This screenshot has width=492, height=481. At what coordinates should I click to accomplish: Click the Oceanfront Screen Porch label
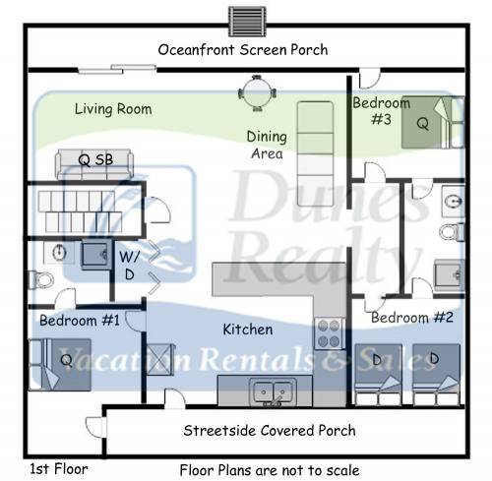[243, 50]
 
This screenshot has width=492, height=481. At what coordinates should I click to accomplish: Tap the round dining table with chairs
[257, 93]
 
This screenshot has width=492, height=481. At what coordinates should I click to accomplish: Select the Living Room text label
[113, 109]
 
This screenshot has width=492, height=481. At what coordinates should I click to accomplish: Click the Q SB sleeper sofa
[94, 164]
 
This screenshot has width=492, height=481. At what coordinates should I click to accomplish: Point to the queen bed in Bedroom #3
[433, 122]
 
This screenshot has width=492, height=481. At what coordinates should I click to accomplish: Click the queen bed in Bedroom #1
[60, 365]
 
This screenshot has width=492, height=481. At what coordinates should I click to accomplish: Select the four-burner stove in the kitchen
[329, 333]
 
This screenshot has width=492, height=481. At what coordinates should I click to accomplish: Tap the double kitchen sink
[273, 391]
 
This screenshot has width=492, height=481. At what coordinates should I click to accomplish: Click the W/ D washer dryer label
[129, 266]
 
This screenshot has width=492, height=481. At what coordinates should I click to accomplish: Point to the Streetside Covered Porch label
[270, 430]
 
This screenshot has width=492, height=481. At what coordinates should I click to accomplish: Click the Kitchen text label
[248, 330]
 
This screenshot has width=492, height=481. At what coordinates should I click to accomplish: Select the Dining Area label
[267, 145]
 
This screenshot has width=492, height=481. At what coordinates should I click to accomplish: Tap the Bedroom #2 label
[412, 318]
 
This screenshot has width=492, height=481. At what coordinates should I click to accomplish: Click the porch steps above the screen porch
[247, 22]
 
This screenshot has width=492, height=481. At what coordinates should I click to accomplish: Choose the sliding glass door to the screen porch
[117, 69]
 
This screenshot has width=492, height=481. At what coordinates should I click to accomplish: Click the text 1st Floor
[59, 469]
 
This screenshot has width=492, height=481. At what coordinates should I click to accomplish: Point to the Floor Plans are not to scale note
[270, 470]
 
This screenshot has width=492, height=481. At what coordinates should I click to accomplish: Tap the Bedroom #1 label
[80, 321]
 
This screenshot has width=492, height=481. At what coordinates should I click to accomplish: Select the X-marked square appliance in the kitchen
[159, 359]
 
